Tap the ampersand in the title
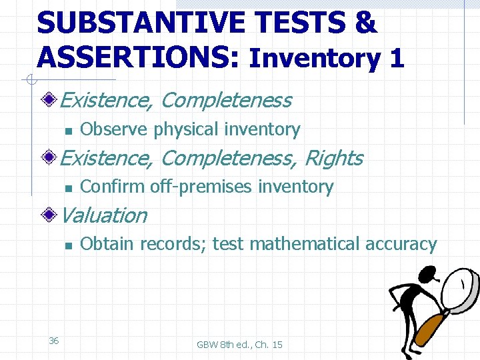pyautogui.click(x=365, y=23)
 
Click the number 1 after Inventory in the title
pyautogui.click(x=397, y=59)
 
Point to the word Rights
pyautogui.click(x=333, y=158)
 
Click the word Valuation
pyautogui.click(x=103, y=215)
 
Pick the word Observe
pyautogui.click(x=114, y=129)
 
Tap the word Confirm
pyautogui.click(x=112, y=187)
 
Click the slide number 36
pyautogui.click(x=54, y=341)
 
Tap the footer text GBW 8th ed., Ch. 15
pyautogui.click(x=239, y=344)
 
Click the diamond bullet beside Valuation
pyautogui.click(x=49, y=215)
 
